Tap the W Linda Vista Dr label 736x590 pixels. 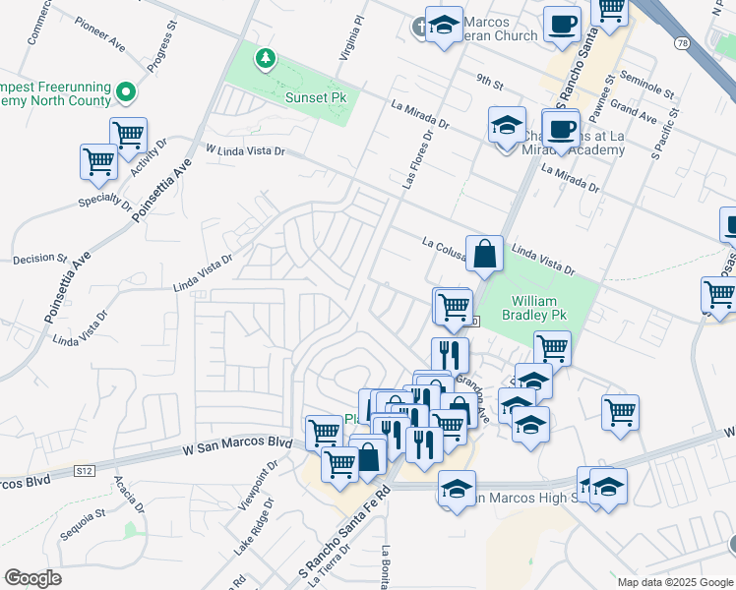(245, 150)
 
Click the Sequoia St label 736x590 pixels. (86, 514)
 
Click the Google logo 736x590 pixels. (33, 578)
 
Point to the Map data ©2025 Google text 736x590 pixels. (674, 582)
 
